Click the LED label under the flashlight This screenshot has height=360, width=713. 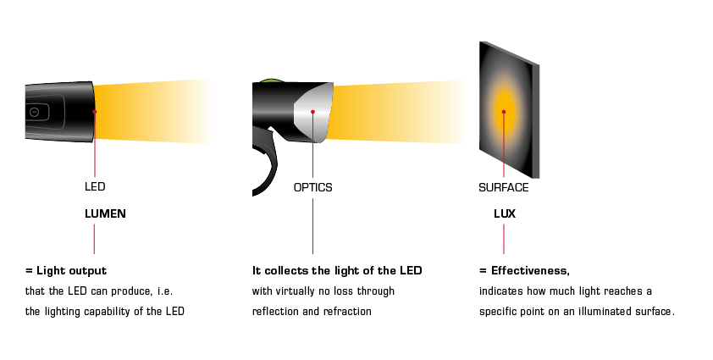95,186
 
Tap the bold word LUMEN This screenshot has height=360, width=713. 105,214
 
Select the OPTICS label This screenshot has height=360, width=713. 312,187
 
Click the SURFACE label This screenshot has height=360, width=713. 504,187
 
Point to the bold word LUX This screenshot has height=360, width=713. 505,214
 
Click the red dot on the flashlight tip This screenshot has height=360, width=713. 95,111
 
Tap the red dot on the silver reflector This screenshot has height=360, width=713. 313,111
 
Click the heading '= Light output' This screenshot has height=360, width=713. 65,271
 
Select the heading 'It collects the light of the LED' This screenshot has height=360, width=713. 337,271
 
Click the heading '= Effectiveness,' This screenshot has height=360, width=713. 524,271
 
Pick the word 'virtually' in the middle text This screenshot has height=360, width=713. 300,291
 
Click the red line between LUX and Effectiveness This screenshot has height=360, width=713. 504,241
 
